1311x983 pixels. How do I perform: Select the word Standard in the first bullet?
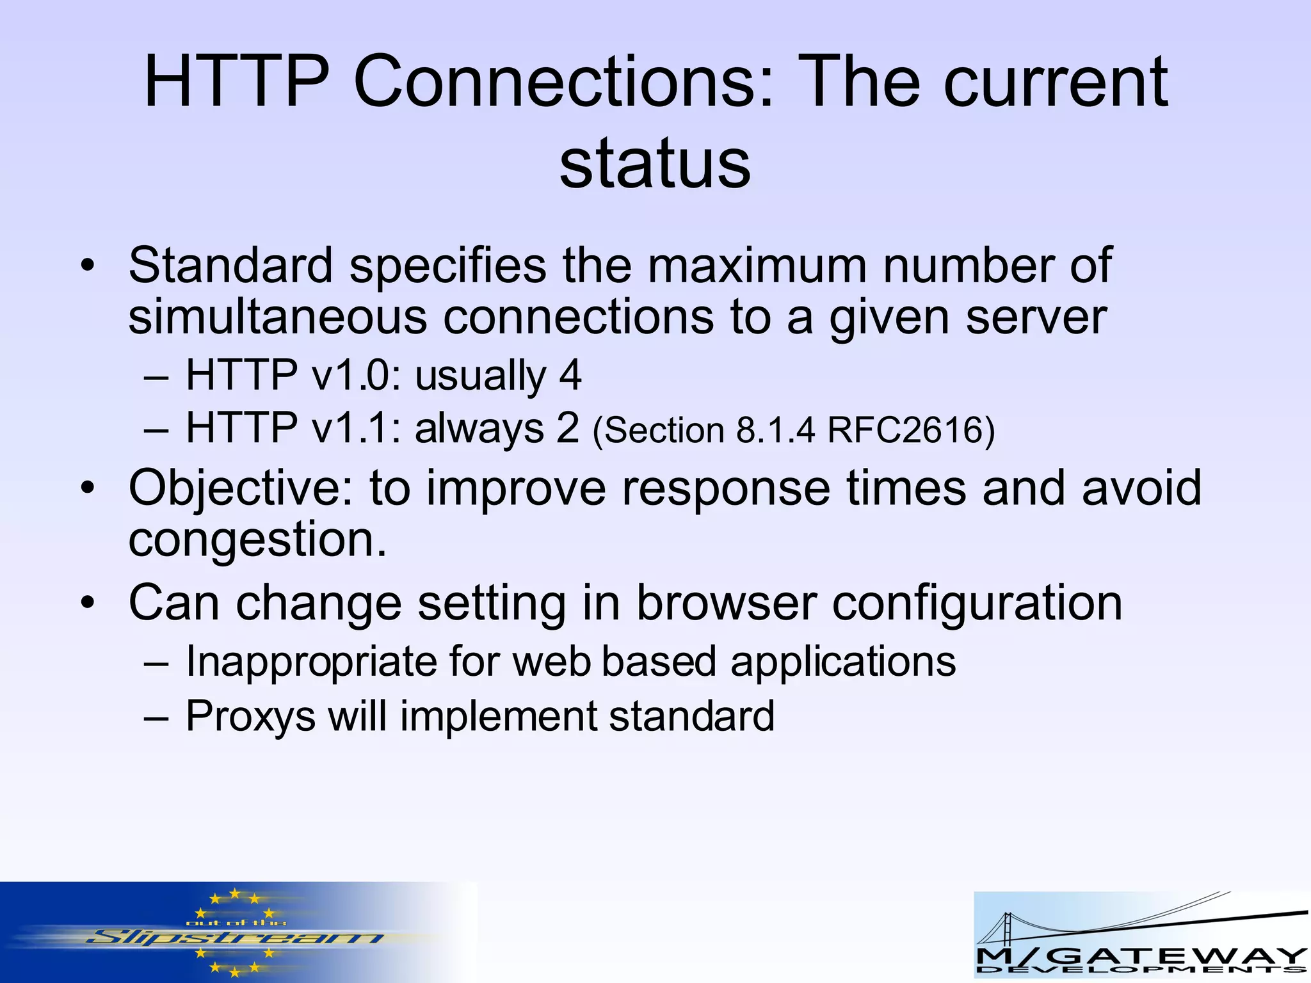click(230, 265)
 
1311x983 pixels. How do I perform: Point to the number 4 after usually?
click(570, 375)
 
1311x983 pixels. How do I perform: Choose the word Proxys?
click(250, 716)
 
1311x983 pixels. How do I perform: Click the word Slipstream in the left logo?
click(234, 939)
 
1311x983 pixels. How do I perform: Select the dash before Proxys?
click(156, 717)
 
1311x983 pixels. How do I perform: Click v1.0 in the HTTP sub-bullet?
click(351, 375)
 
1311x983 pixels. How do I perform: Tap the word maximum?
click(757, 265)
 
